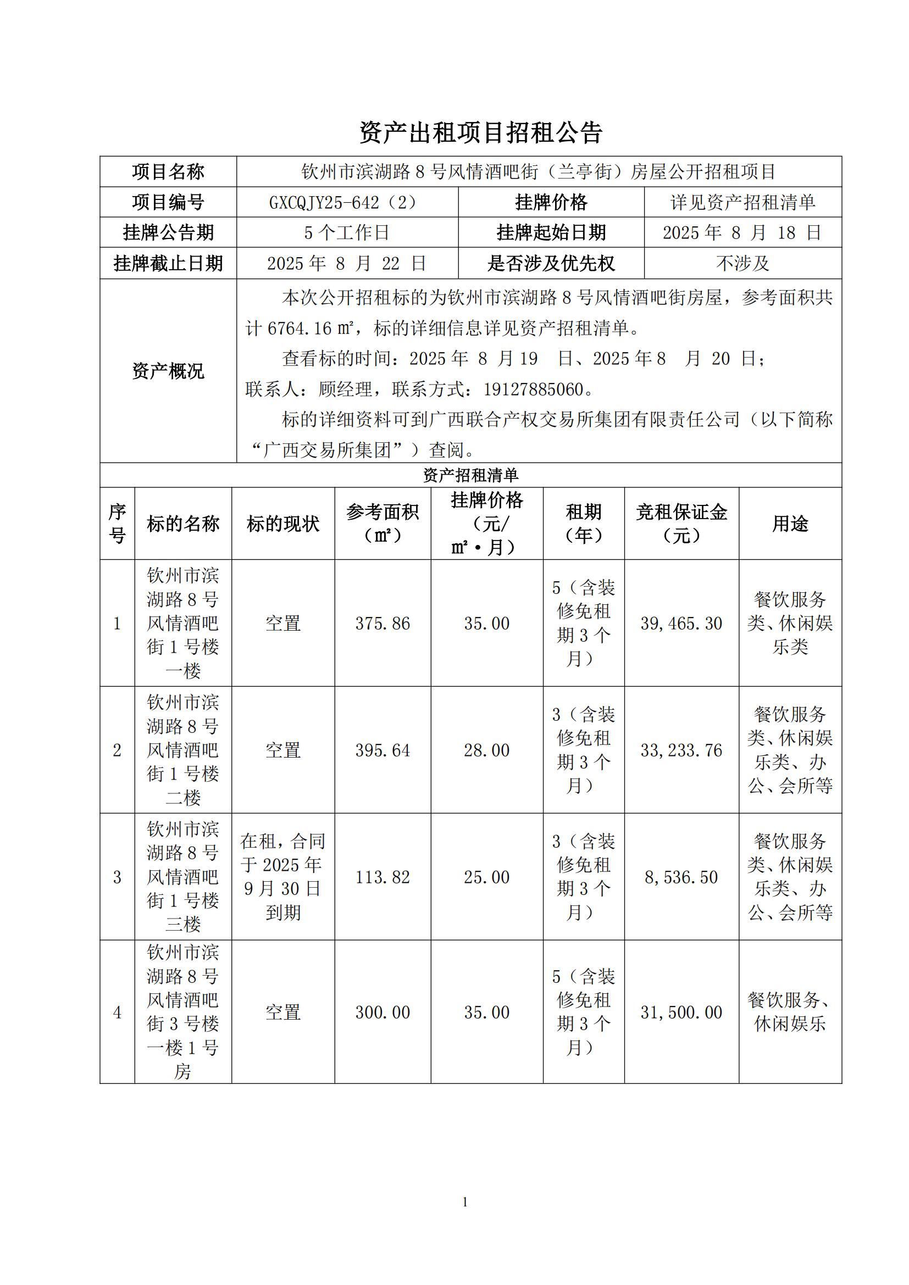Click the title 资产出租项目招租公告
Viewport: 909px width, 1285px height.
[x=480, y=132]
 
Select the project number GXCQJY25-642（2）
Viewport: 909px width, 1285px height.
[x=343, y=202]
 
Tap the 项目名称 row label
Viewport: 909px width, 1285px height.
[x=168, y=172]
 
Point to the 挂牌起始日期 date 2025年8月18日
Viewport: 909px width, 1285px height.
[x=742, y=232]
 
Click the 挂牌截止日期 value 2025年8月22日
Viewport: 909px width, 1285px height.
[x=346, y=263]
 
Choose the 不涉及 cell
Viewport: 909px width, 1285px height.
[x=742, y=263]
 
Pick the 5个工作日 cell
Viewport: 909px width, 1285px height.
[x=346, y=232]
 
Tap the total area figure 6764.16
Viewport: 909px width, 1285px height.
[x=300, y=329]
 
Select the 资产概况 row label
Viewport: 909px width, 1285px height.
[x=168, y=371]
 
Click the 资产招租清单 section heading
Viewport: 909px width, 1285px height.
[x=470, y=475]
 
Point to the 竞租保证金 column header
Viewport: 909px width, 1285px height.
[x=681, y=524]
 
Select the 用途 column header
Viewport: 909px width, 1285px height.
[x=790, y=524]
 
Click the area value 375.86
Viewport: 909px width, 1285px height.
[x=383, y=623]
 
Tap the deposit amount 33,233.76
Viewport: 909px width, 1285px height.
[x=681, y=750]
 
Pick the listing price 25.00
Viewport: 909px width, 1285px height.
[x=486, y=877]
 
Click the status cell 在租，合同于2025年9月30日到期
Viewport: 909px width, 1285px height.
[x=282, y=876]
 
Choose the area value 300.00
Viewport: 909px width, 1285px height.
[x=383, y=1012]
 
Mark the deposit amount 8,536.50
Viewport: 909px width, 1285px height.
[x=681, y=877]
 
